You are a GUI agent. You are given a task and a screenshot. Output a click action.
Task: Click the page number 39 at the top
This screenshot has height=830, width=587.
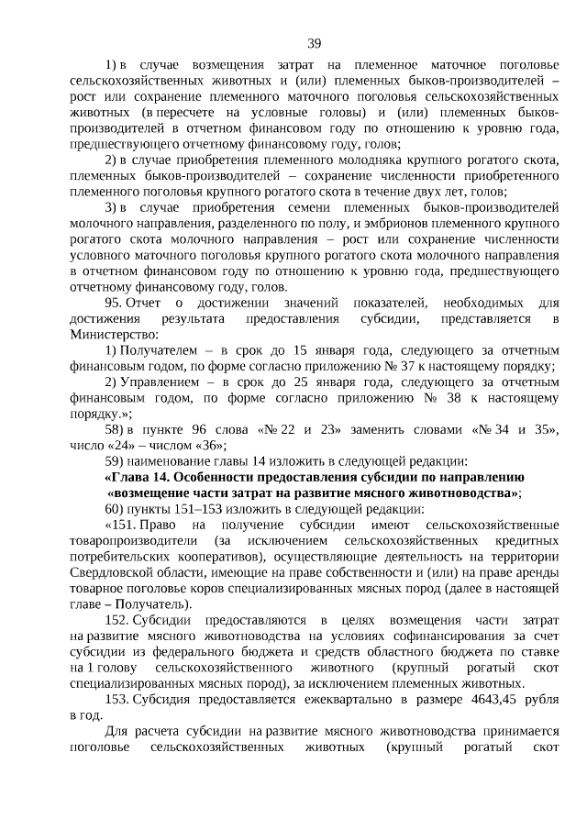point(314,44)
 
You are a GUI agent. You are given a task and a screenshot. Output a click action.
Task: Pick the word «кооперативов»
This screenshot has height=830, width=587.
point(187,556)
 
